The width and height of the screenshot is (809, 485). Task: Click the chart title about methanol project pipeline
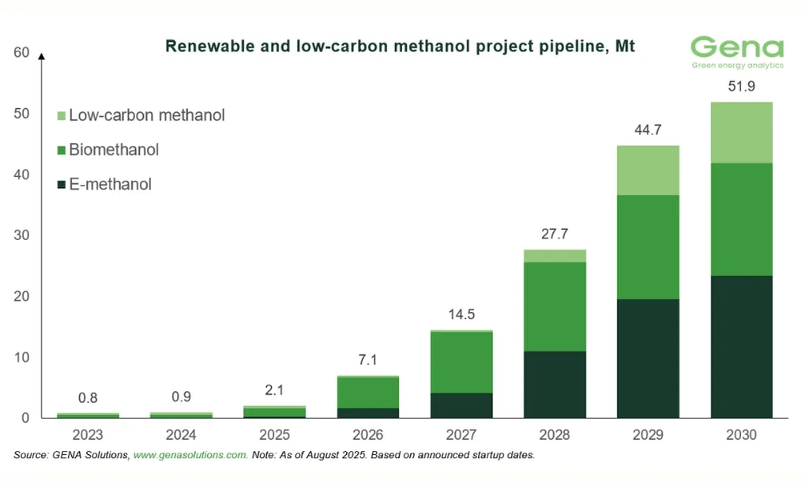click(x=400, y=47)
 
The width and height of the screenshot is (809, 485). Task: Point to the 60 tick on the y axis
click(x=21, y=53)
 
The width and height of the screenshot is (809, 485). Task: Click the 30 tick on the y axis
click(x=21, y=235)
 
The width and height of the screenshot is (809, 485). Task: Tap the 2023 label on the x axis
click(x=88, y=435)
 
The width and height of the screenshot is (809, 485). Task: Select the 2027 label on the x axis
click(x=461, y=435)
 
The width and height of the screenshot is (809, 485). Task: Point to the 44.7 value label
click(x=648, y=130)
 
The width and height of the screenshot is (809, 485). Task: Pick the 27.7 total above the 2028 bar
click(x=555, y=234)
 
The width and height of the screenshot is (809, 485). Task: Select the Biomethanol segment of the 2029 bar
click(x=648, y=246)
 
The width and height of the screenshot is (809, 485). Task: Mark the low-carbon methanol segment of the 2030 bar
click(x=741, y=133)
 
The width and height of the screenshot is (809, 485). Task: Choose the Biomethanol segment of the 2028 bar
click(x=555, y=306)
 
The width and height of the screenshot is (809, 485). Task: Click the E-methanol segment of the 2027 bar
click(x=461, y=404)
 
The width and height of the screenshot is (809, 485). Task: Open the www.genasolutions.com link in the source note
click(x=190, y=455)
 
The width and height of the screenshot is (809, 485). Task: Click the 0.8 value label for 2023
click(x=88, y=397)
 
